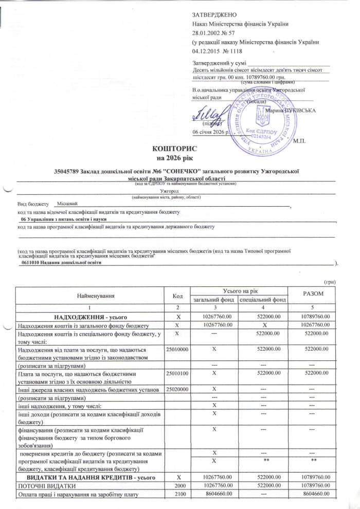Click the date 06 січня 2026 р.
[212, 132]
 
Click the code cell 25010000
[176, 349]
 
